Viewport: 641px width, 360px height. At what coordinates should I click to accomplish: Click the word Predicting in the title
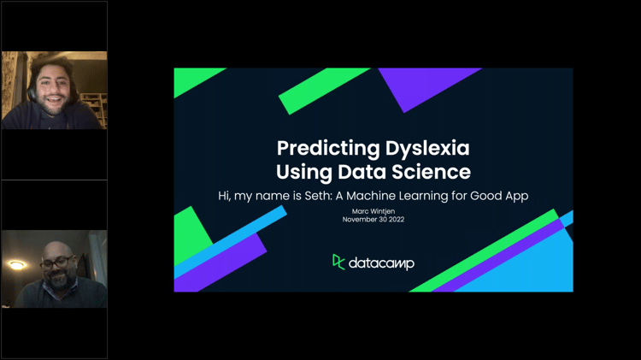point(317,148)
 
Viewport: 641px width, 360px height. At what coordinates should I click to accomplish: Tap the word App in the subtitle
point(515,196)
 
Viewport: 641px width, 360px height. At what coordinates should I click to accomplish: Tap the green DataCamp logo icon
point(338,262)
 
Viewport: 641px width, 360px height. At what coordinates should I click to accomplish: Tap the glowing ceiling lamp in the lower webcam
point(17,265)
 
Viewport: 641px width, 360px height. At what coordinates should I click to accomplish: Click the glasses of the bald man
point(56,262)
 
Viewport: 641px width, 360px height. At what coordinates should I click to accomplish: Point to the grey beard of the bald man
point(57,279)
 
